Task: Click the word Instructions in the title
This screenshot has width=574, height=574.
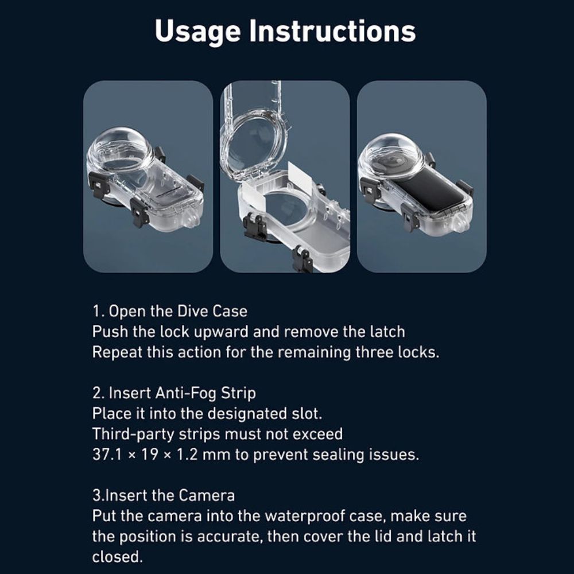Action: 332,31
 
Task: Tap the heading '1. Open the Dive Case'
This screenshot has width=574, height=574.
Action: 169,311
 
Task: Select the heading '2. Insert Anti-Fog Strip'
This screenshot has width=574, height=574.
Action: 174,393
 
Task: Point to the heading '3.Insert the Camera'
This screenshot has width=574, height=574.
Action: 163,495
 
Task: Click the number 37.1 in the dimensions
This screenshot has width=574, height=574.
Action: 107,455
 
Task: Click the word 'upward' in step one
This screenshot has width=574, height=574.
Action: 221,332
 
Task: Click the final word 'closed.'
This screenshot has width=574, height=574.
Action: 117,557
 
